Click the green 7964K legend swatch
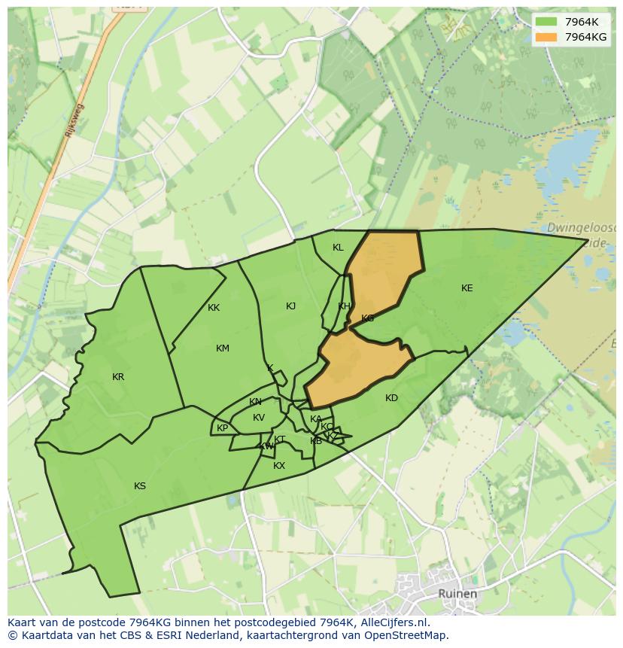(546, 21)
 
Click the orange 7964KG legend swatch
(546, 37)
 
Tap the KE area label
(467, 288)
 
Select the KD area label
(391, 398)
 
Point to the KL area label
(338, 248)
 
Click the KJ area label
(290, 306)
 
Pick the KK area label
(214, 308)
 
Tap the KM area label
(222, 348)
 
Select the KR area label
(118, 377)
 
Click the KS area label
(140, 486)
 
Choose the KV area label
(259, 418)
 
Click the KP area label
(222, 429)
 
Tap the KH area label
(344, 306)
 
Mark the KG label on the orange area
(367, 318)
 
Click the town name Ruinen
(457, 594)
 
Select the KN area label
(256, 402)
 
